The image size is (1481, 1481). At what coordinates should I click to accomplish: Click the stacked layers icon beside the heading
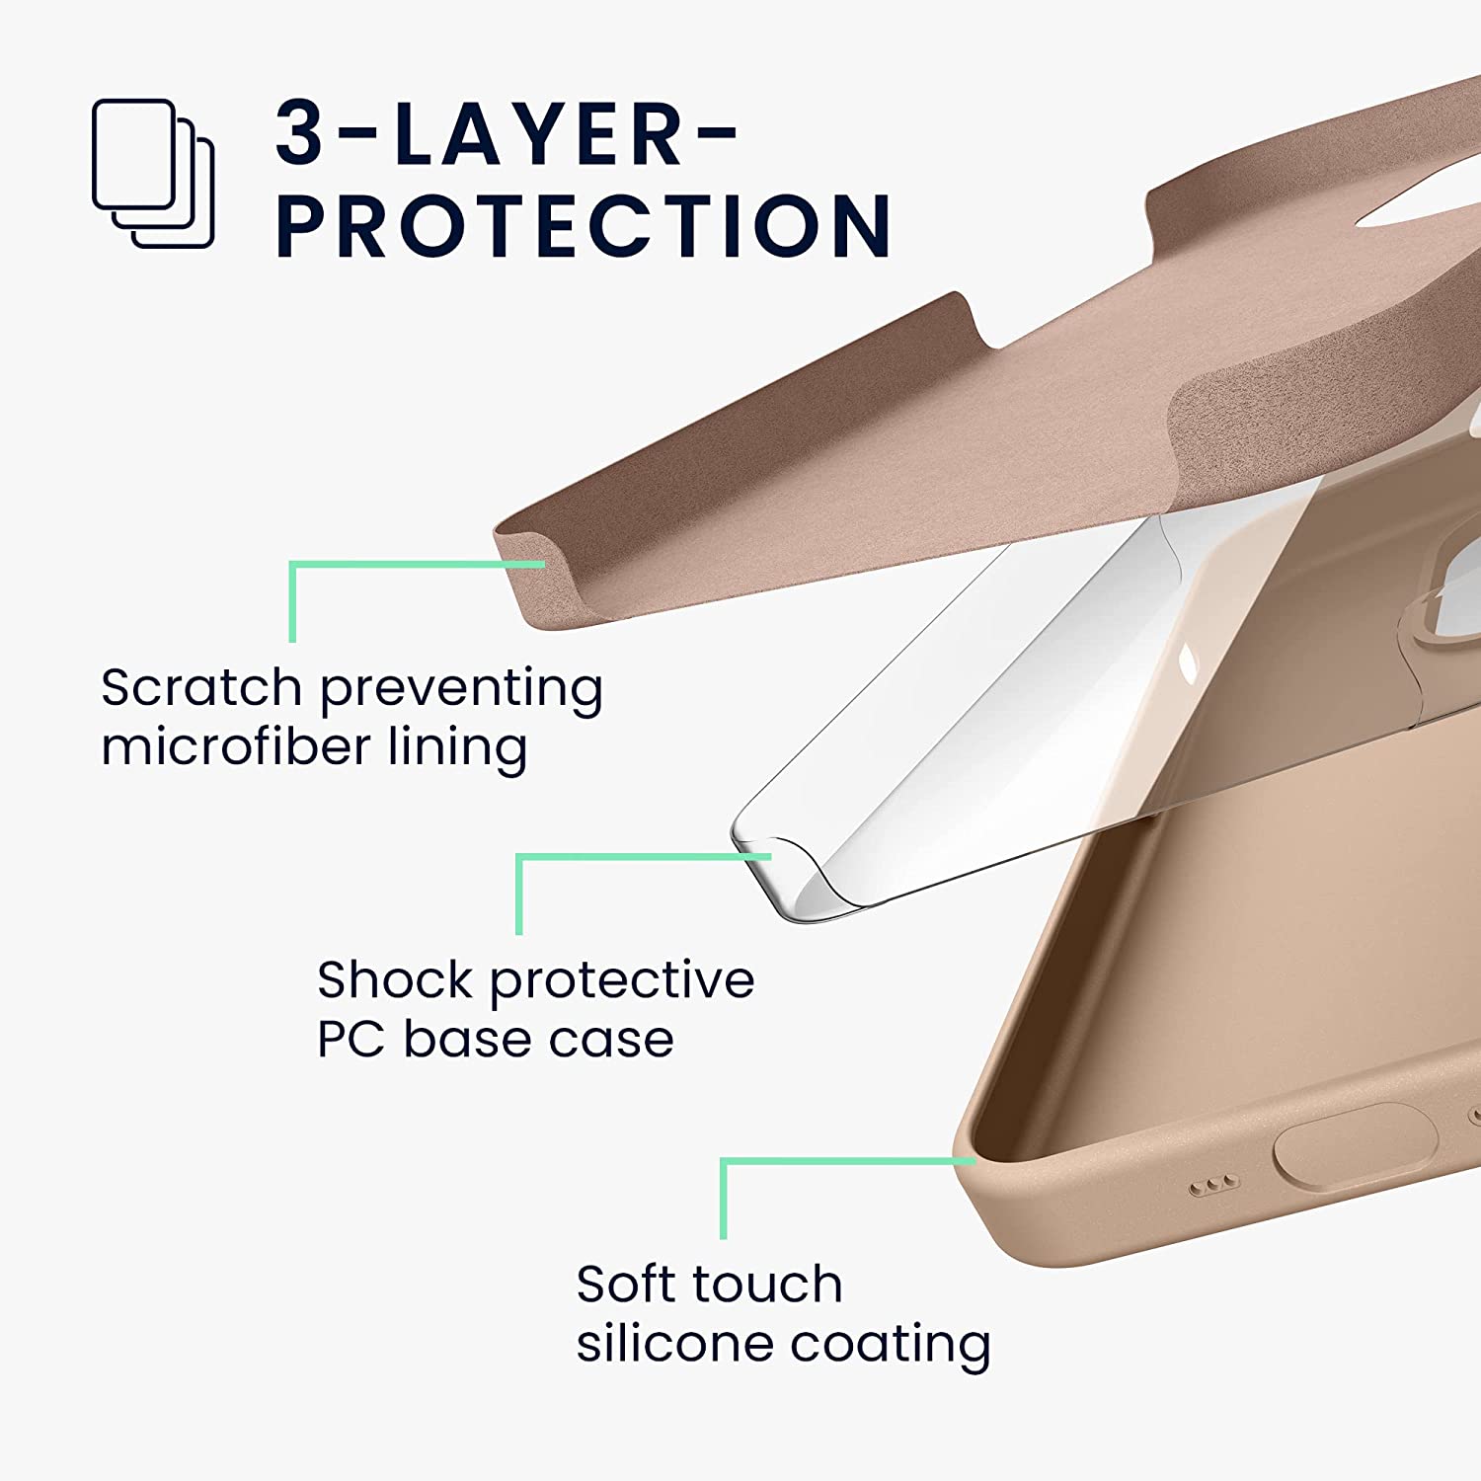coord(153,173)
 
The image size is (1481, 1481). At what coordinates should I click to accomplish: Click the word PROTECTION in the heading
coord(584,226)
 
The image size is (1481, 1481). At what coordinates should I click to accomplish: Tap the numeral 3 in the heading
coord(299,133)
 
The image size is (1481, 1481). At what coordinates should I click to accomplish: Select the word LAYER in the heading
coord(539,133)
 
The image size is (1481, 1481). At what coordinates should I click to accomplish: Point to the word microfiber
coord(234,746)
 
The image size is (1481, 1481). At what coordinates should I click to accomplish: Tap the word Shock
coord(394,980)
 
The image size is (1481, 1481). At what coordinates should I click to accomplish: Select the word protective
coord(622,980)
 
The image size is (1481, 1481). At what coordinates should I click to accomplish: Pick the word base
coord(460,1040)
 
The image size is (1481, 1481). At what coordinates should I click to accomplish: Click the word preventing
coord(461,689)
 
